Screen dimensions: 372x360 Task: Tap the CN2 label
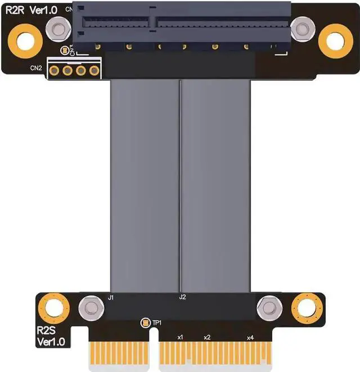[36, 69]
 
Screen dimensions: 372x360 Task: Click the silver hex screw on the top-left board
[57, 29]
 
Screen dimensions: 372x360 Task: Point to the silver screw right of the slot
[303, 29]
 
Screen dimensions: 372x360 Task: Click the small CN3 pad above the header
[65, 51]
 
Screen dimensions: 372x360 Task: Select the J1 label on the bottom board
[111, 297]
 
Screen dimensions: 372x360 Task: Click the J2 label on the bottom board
[182, 297]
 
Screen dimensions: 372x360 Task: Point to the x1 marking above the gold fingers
[180, 337]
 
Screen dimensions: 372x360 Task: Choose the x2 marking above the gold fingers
[207, 337]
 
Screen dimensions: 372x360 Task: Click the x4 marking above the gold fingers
[250, 337]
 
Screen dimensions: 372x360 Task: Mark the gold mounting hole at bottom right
[305, 307]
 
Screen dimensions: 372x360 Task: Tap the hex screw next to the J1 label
[88, 307]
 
